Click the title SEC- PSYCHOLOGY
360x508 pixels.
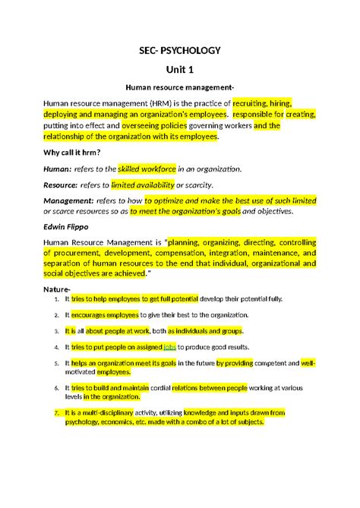pyautogui.click(x=181, y=50)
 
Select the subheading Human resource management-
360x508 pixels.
pyautogui.click(x=180, y=88)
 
